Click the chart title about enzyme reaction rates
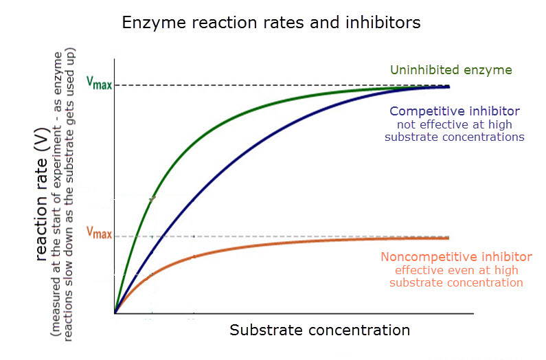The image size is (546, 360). [x=271, y=23]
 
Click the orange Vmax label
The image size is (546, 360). [x=99, y=233]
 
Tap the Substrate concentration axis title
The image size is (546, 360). [x=319, y=330]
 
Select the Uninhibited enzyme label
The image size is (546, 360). [x=451, y=69]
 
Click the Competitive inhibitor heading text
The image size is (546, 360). [x=454, y=111]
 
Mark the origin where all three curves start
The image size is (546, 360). [x=115, y=313]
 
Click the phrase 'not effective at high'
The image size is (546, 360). [x=454, y=124]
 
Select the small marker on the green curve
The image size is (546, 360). [x=152, y=197]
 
